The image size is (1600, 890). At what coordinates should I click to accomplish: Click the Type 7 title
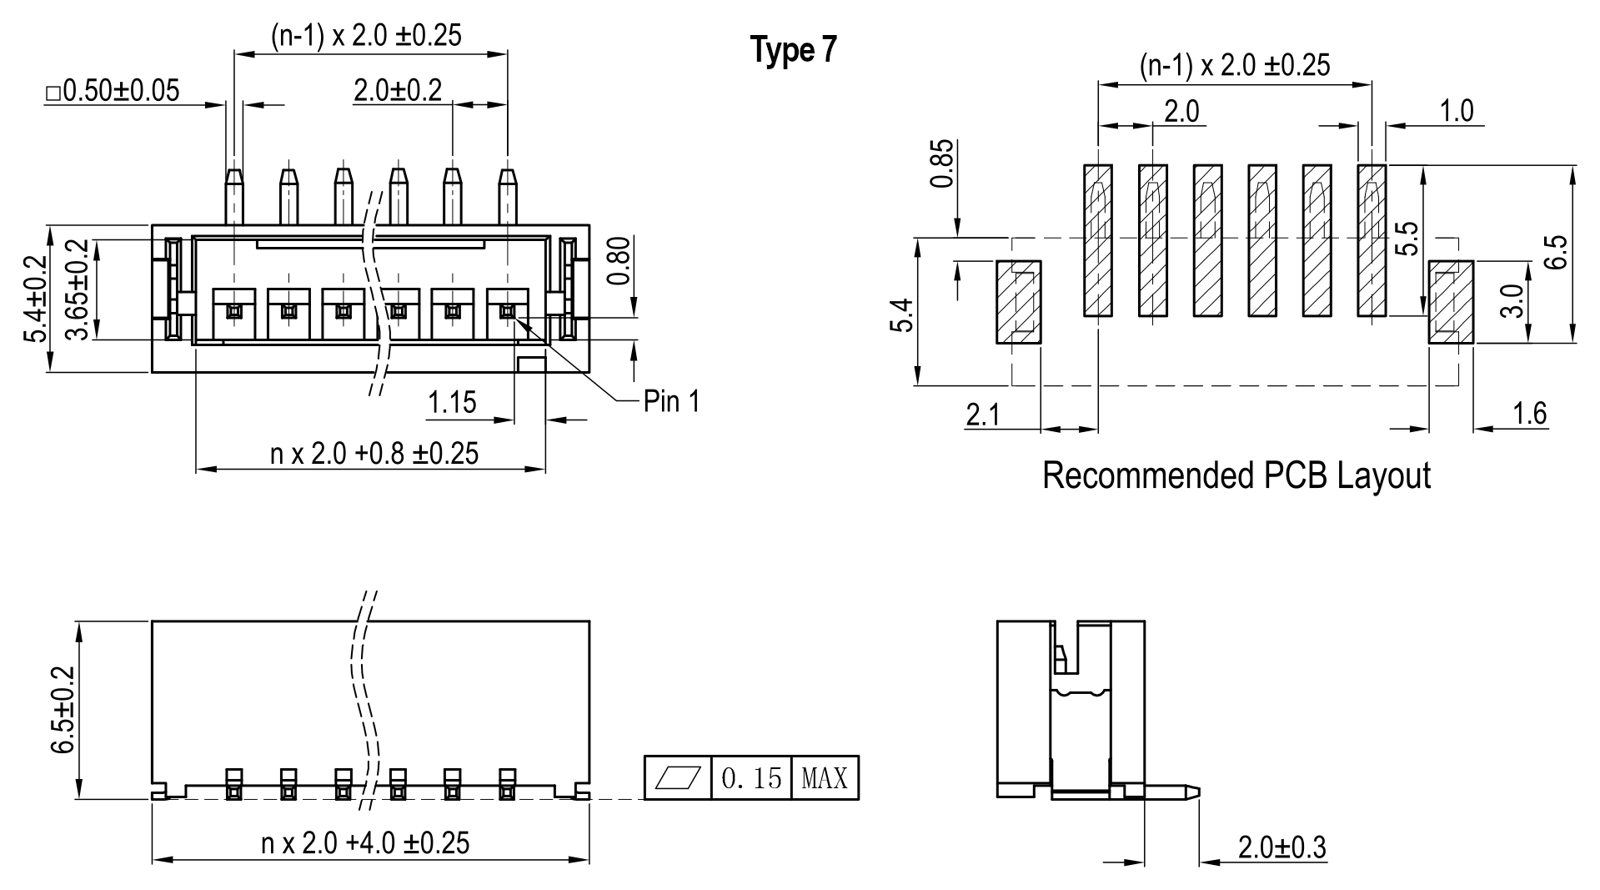point(793,51)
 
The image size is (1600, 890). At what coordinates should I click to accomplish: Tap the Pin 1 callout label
point(671,402)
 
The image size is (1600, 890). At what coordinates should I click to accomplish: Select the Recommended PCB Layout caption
point(1236,476)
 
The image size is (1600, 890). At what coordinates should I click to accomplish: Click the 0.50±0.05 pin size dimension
point(113,91)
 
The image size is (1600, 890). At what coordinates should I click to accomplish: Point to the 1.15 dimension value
point(452,403)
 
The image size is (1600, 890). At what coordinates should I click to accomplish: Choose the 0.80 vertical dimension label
point(618,260)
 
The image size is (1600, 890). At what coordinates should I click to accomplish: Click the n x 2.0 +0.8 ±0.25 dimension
point(374,454)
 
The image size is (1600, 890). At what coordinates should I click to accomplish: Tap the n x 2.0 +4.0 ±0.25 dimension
point(365,843)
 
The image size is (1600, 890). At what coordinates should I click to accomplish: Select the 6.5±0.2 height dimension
point(63,710)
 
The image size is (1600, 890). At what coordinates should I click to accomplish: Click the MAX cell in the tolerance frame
point(824,778)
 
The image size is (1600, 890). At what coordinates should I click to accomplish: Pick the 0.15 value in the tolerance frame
point(751,778)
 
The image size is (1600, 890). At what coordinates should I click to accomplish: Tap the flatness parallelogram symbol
point(678,778)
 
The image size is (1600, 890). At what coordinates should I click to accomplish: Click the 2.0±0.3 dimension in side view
point(1282,848)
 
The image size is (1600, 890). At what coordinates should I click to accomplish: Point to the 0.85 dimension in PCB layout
point(940,164)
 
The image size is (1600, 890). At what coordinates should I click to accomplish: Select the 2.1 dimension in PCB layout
point(982,415)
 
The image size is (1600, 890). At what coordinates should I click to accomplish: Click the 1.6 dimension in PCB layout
point(1529,413)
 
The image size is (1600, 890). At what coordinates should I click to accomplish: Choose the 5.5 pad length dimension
point(1407,239)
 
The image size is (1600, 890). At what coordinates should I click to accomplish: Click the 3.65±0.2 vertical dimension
point(77,289)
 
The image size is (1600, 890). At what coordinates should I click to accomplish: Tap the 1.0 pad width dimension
point(1456,111)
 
